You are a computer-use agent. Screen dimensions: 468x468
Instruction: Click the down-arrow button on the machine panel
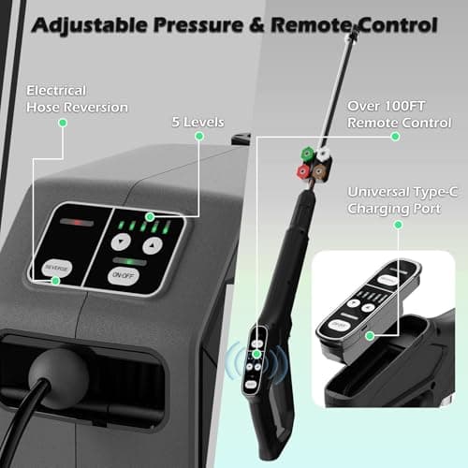[x=123, y=241]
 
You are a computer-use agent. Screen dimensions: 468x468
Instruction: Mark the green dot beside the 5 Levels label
[x=198, y=136]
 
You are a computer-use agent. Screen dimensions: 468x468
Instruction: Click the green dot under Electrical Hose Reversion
[x=63, y=125]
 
